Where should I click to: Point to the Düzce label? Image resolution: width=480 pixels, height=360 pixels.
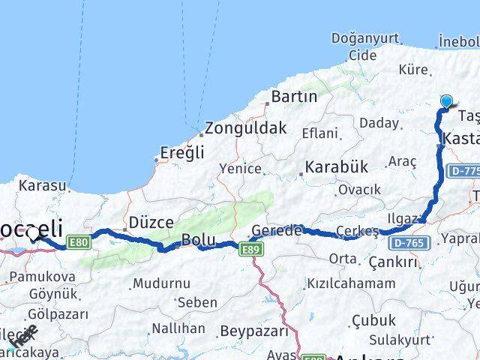click(151, 222)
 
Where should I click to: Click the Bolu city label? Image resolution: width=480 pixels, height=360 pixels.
click(198, 241)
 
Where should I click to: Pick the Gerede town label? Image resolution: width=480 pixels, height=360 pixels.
click(276, 230)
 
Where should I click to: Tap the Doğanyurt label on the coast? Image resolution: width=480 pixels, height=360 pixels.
click(361, 38)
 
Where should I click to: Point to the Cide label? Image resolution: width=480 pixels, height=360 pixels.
click(363, 55)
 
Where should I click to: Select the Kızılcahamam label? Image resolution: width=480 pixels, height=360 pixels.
click(351, 283)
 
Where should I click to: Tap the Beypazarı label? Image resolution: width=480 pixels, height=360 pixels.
click(254, 330)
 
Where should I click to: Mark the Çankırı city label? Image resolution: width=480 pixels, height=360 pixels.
click(393, 262)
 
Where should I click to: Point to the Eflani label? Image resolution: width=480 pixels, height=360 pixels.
click(320, 133)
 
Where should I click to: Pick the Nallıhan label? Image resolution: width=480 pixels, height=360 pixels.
click(178, 328)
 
